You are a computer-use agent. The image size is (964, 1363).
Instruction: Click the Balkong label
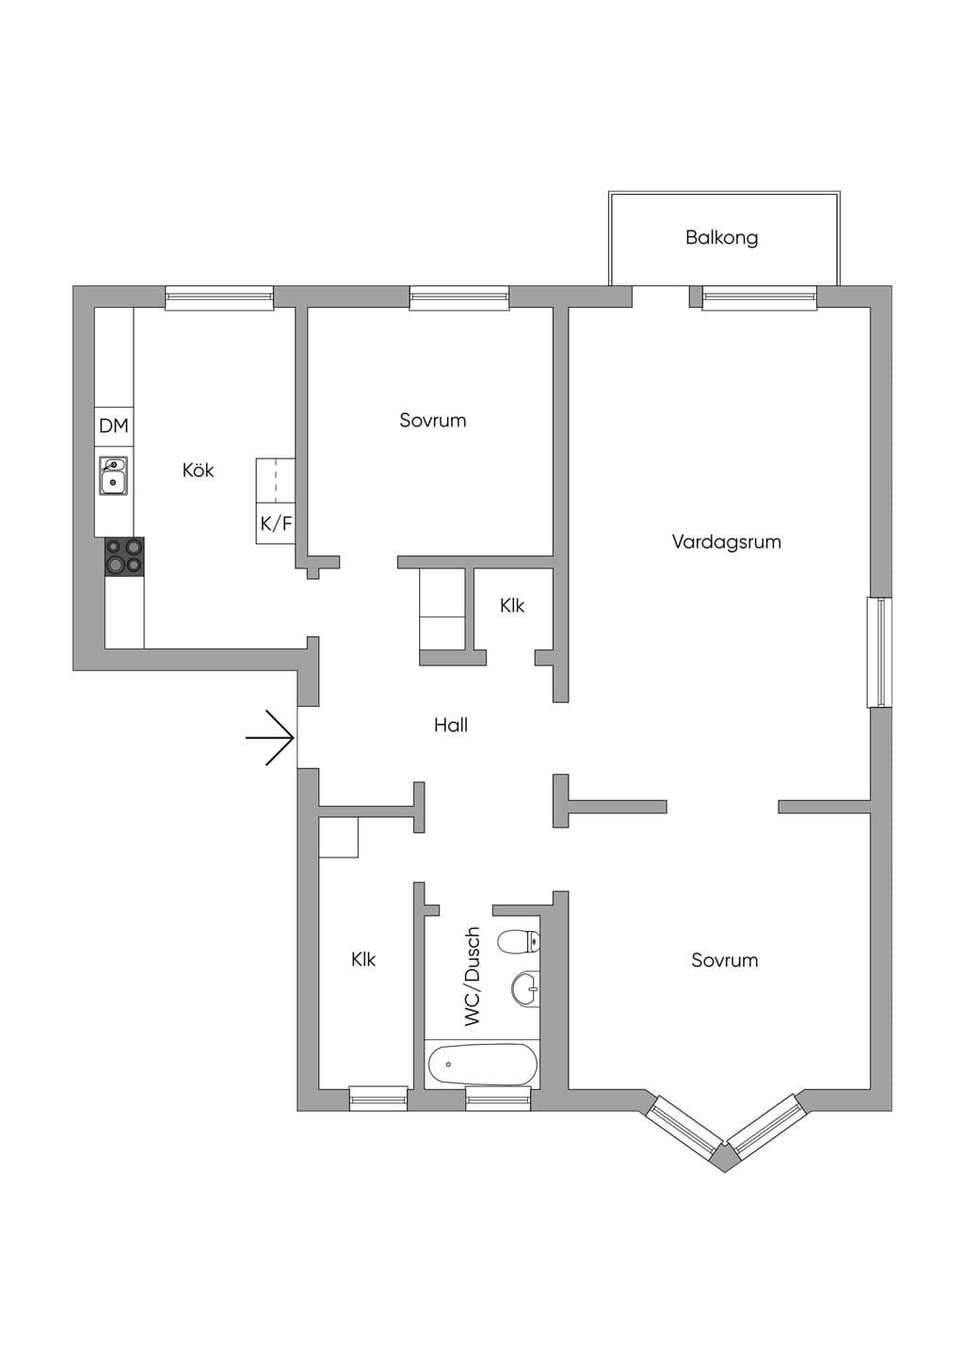721,238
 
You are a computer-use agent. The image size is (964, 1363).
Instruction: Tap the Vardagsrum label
726,542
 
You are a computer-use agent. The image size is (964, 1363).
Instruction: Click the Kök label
198,470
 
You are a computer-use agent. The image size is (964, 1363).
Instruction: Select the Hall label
450,725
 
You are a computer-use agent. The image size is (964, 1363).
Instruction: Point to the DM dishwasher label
114,425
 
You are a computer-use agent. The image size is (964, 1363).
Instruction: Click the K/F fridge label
276,524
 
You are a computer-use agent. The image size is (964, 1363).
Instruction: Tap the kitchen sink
114,475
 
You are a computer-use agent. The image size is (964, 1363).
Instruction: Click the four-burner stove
125,556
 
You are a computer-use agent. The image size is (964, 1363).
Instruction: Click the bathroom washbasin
525,987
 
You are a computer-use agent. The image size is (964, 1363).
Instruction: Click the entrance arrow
270,737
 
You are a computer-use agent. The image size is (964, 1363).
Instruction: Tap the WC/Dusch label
473,977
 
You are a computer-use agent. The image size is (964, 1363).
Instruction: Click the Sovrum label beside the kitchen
433,421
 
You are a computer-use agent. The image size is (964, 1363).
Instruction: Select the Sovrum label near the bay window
724,961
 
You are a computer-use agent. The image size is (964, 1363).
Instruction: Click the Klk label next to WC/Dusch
363,959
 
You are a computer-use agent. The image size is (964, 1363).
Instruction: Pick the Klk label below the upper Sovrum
512,605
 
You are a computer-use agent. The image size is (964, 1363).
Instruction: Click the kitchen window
219,297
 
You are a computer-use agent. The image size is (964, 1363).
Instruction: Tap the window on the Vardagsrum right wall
879,652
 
